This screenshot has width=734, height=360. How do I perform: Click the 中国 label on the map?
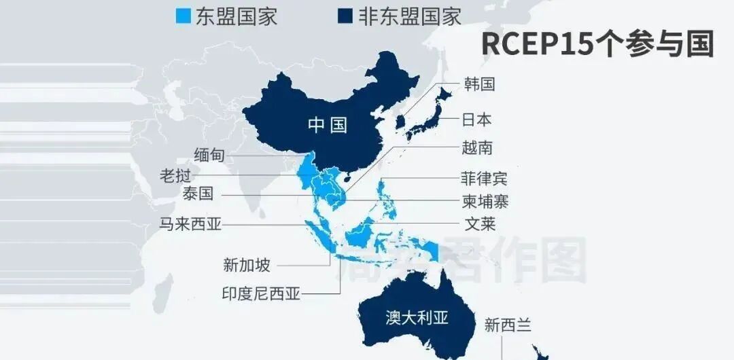pyautogui.click(x=327, y=125)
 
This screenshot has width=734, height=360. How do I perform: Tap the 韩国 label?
pyautogui.click(x=479, y=84)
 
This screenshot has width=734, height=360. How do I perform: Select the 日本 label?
pyautogui.click(x=476, y=120)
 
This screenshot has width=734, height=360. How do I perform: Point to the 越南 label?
pyautogui.click(x=477, y=148)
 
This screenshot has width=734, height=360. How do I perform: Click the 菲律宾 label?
pyautogui.click(x=484, y=179)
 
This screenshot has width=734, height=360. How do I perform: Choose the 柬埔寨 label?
pyautogui.click(x=484, y=202)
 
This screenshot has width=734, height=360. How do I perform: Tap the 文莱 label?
pyautogui.click(x=480, y=223)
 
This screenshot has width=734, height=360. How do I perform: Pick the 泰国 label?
pyautogui.click(x=198, y=194)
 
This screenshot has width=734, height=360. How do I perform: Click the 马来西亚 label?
pyautogui.click(x=190, y=223)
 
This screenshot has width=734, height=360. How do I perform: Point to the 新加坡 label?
pyautogui.click(x=246, y=264)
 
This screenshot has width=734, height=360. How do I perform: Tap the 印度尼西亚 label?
pyautogui.click(x=261, y=294)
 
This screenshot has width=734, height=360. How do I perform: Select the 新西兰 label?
pyautogui.click(x=508, y=325)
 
